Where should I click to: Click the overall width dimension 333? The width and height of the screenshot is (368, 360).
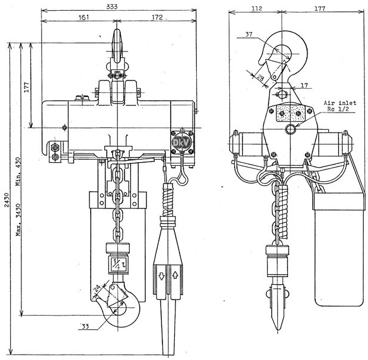pos(112,7)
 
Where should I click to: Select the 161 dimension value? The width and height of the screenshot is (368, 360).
pos(84,17)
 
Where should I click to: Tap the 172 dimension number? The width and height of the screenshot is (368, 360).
pos(157,17)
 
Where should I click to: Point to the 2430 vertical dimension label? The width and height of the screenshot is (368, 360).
pos(7,200)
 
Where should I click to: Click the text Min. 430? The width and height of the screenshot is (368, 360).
pos(19,172)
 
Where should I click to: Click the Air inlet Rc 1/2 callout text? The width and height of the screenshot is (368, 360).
pos(340,106)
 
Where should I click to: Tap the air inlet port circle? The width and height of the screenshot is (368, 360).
pos(290,129)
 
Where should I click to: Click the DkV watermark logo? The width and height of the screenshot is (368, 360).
pos(182,142)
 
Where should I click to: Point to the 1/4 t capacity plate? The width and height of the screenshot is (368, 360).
pos(119,263)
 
